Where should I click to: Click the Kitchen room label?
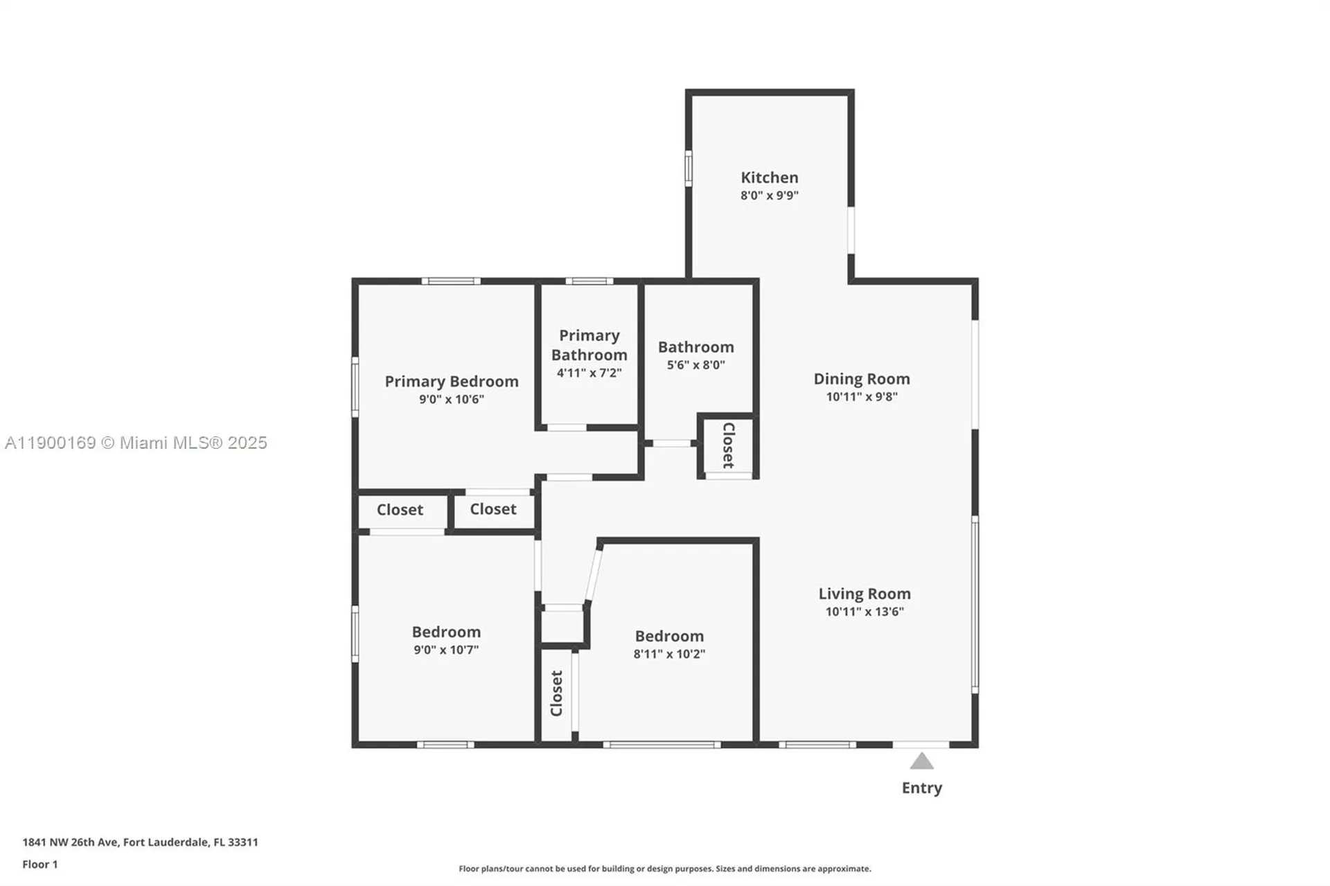769,177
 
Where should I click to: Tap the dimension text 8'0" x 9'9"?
769,195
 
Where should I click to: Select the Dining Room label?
861,379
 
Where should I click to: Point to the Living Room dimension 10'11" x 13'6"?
864,612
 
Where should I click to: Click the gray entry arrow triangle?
921,762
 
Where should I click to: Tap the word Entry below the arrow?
921,788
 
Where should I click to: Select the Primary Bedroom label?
451,382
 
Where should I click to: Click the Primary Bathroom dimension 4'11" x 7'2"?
589,373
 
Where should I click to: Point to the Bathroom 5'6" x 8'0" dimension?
695,365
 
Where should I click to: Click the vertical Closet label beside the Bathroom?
728,445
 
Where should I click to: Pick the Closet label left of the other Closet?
400,510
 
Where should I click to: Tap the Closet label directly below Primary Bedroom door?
493,509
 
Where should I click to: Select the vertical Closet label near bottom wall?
556,693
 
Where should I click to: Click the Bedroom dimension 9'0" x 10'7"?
445,650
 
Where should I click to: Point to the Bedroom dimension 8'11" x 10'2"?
668,654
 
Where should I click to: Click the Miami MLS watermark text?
136,443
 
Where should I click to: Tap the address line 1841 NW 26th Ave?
140,842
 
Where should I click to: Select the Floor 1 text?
40,865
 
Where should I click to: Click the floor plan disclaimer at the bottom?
664,869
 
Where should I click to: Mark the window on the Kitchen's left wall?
688,168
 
